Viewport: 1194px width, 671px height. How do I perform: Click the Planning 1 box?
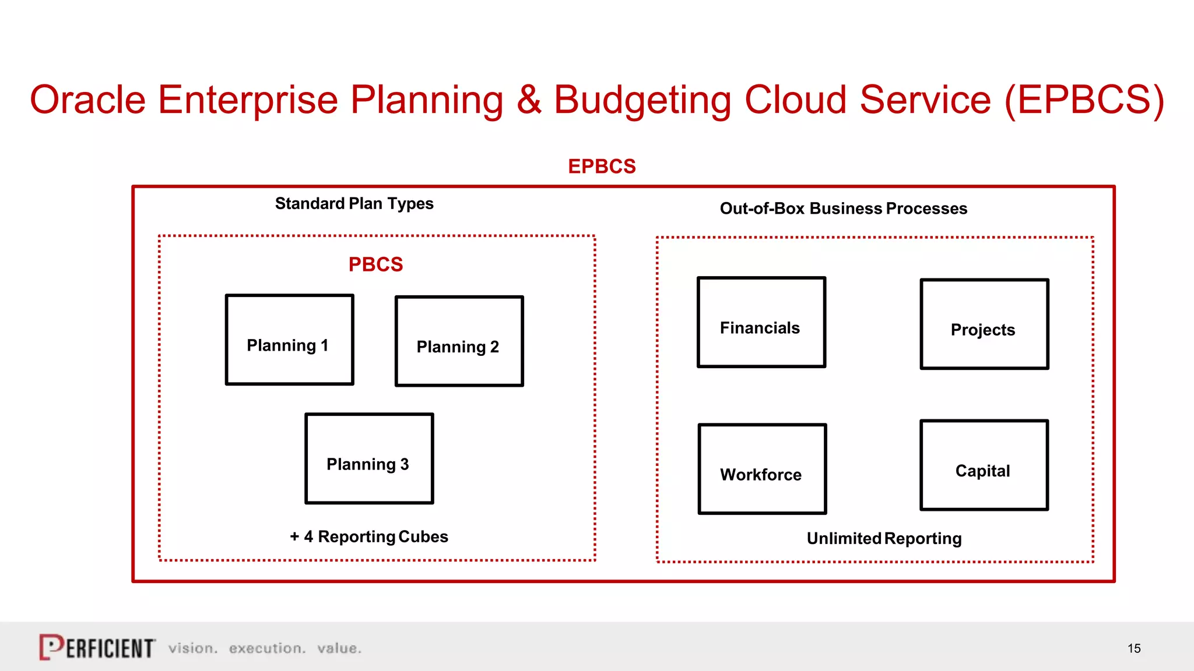(x=289, y=340)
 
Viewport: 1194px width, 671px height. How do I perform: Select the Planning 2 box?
(x=459, y=341)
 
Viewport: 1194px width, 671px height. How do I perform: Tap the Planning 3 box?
(x=369, y=458)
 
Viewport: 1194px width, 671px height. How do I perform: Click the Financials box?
(x=761, y=322)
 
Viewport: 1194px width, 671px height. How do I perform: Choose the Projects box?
(x=984, y=324)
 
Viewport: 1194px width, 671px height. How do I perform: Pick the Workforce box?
(x=762, y=469)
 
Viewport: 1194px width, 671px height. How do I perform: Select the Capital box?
(x=984, y=465)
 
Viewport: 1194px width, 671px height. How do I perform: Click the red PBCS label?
(x=375, y=264)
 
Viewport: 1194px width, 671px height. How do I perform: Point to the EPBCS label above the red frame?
(x=602, y=167)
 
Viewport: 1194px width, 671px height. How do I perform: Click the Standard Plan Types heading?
(x=354, y=204)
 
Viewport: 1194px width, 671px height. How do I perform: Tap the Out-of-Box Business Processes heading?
(x=843, y=209)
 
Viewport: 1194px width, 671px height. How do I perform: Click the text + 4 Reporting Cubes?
(x=369, y=536)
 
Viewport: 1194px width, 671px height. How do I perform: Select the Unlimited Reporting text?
(x=884, y=538)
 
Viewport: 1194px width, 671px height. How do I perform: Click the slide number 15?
(x=1133, y=648)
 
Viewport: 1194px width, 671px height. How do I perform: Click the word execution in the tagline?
(x=266, y=648)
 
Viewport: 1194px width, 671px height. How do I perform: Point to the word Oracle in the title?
(x=87, y=100)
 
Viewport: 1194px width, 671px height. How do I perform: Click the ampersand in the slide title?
(x=528, y=100)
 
